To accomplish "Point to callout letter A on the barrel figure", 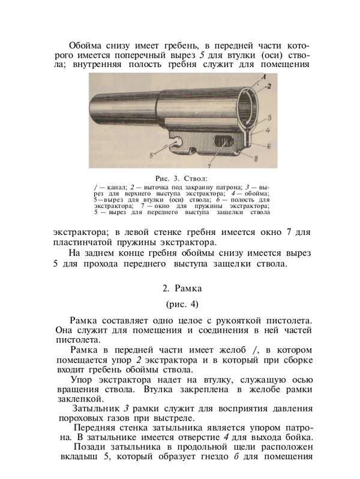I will coord(262,76).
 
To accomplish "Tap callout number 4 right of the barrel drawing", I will coord(269,130).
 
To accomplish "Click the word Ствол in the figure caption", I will coord(194,178).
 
